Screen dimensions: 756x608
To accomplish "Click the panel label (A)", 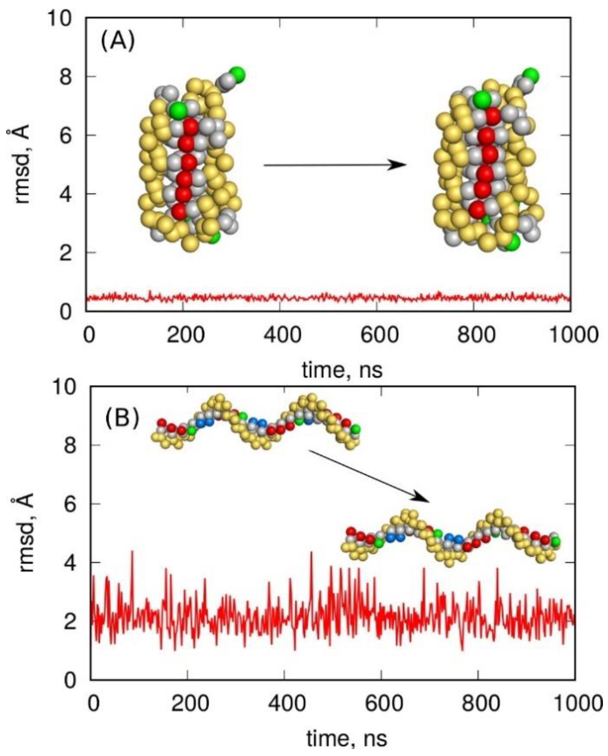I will (x=117, y=44).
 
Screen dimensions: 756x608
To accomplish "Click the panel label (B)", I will (x=122, y=418).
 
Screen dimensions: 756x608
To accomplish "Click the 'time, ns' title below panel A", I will (x=342, y=370).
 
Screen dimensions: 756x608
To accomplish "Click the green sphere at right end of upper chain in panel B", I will (x=356, y=429).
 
